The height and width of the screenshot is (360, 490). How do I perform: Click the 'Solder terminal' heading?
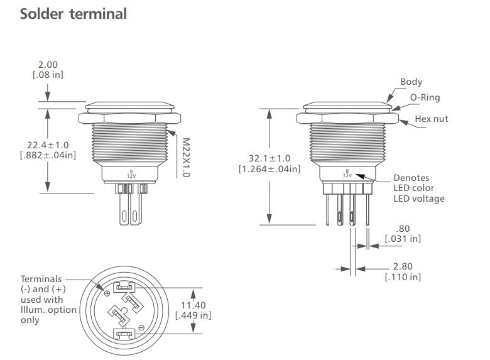(x=73, y=14)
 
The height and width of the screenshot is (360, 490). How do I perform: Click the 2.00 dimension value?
(x=48, y=65)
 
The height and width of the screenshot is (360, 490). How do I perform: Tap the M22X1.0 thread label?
(x=185, y=157)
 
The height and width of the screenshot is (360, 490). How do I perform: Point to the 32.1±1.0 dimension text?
(x=269, y=158)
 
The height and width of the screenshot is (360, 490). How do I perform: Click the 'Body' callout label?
(x=411, y=82)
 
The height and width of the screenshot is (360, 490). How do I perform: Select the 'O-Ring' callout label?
(x=425, y=97)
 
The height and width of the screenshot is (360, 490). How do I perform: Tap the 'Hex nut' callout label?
(x=432, y=119)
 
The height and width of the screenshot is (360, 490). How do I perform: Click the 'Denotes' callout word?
(x=411, y=178)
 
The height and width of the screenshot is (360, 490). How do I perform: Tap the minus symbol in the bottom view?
(x=142, y=327)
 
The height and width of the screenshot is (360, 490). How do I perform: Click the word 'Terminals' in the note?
(x=41, y=279)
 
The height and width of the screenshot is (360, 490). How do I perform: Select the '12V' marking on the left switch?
(x=131, y=175)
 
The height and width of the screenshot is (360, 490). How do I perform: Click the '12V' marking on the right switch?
(x=347, y=175)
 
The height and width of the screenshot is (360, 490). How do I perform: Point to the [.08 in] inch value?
(x=48, y=75)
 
